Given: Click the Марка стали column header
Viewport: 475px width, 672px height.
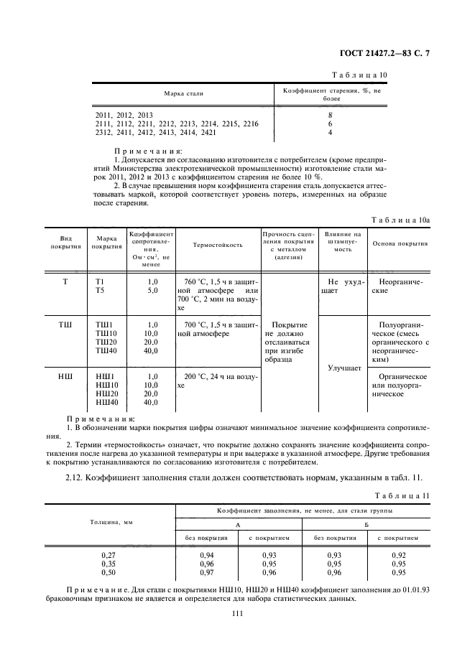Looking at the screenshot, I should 183,94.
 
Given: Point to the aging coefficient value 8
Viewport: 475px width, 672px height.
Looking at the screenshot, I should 330,115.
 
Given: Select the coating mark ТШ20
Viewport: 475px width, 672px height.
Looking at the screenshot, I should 106,342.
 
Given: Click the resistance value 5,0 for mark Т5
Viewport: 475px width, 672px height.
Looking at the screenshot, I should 151,291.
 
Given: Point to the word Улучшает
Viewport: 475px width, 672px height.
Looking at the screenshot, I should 343,368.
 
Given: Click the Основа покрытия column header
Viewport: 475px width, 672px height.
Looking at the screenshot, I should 400,244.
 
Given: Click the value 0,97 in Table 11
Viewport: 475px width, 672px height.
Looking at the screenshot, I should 207,573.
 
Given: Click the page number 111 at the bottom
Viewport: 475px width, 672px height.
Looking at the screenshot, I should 238,612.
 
